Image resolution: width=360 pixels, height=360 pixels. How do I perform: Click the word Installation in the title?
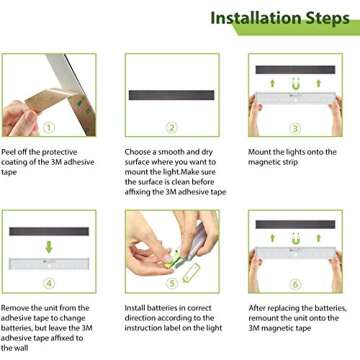coord(259,18)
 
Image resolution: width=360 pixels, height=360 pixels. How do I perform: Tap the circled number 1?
coord(49,128)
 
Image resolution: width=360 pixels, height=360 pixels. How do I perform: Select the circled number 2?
coord(172,128)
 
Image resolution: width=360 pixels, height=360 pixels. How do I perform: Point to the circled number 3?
coord(295,128)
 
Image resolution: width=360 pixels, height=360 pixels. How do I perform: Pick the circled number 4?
coord(49,284)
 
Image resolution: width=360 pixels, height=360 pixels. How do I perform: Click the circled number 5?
coord(172,284)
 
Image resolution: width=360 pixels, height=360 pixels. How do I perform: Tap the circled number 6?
coord(295,284)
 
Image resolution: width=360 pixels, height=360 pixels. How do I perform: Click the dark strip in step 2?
coord(172,95)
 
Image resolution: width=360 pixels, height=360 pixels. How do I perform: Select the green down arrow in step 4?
coord(49,247)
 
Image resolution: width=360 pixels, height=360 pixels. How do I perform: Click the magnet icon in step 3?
coord(295,84)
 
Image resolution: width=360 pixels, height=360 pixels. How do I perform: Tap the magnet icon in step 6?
coord(295,239)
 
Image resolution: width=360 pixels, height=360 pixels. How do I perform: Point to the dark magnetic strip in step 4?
coord(49,231)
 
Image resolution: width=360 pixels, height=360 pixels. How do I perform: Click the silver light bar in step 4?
coord(49,264)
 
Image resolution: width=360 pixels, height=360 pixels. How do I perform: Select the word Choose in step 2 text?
coord(137,152)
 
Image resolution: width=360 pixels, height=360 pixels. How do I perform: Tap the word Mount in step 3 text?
coord(259,152)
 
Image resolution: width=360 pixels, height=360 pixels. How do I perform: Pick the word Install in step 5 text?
coord(135,308)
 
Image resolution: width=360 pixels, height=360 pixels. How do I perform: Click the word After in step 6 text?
coord(257,308)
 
